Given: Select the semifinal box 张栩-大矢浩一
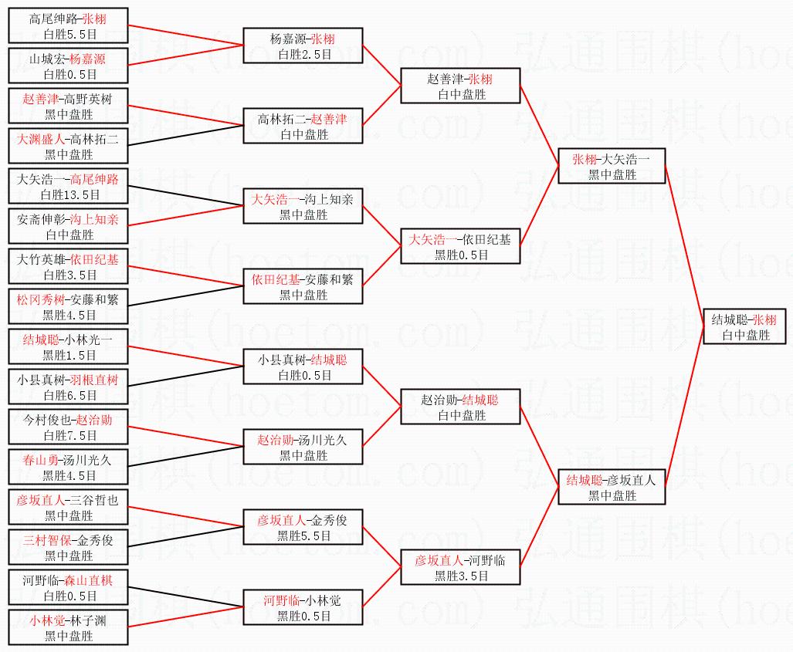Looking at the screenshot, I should pyautogui.click(x=612, y=167).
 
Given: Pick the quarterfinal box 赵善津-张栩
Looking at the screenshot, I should pyautogui.click(x=460, y=86).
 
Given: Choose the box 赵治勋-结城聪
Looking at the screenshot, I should pyautogui.click(x=460, y=407).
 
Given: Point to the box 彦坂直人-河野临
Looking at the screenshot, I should pyautogui.click(x=460, y=568).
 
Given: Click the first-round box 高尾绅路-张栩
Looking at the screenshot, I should pyautogui.click(x=68, y=26).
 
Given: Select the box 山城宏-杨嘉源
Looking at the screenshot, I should pyautogui.click(x=68, y=66).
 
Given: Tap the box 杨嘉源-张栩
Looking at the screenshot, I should pyautogui.click(x=303, y=46).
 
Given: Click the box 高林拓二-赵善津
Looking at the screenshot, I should pyautogui.click(x=303, y=127).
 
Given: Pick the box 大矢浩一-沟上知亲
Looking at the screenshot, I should pyautogui.click(x=303, y=207).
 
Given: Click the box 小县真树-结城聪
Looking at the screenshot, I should pyautogui.click(x=303, y=367).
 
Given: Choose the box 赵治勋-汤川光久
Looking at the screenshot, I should pyautogui.click(x=303, y=448).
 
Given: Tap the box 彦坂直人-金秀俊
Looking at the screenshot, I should pyautogui.click(x=303, y=528).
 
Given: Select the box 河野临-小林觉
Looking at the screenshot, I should pyautogui.click(x=303, y=608).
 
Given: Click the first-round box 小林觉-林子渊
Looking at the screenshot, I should pyautogui.click(x=68, y=628).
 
